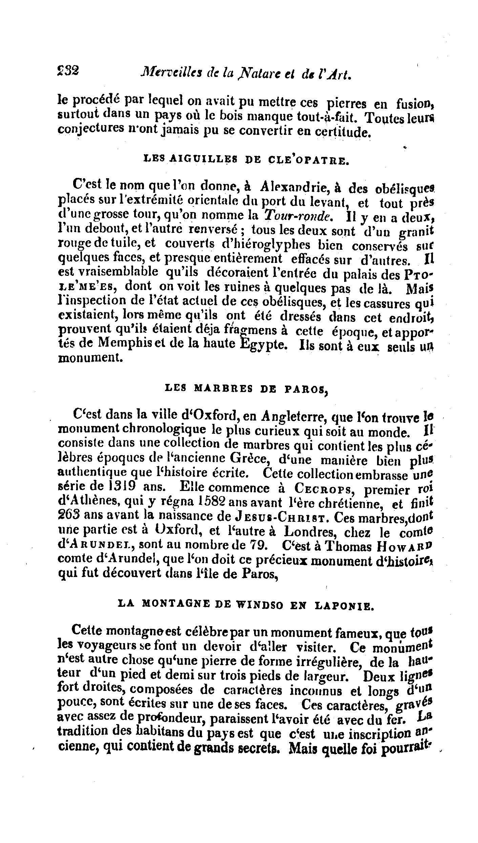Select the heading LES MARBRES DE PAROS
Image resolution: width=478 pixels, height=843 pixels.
click(247, 390)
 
